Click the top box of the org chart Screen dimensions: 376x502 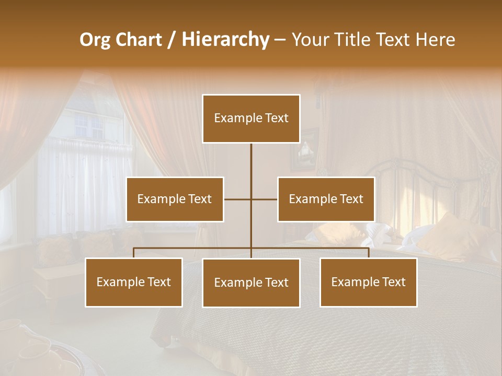click(x=251, y=119)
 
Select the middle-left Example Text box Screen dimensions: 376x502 click(x=175, y=199)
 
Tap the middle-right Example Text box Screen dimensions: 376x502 click(x=326, y=199)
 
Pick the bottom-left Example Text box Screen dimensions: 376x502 click(x=134, y=282)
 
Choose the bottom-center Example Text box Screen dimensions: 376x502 click(x=251, y=283)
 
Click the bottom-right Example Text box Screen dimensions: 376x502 click(x=368, y=282)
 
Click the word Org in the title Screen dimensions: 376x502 click(x=95, y=40)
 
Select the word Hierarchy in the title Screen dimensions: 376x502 click(x=225, y=40)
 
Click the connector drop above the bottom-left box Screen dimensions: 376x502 click(x=134, y=253)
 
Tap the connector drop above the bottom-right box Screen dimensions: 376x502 click(x=368, y=253)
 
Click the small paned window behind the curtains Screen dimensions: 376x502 click(x=89, y=126)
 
